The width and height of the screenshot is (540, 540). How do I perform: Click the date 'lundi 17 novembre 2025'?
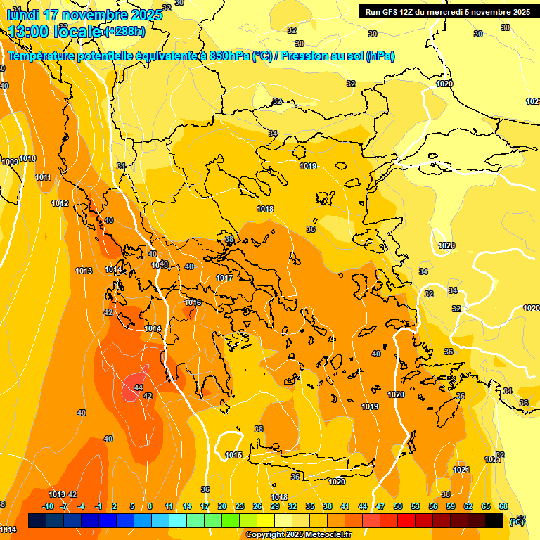click(77, 14)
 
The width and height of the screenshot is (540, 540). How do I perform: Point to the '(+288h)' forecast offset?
click(124, 32)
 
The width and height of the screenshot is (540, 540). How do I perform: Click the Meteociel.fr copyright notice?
click(298, 535)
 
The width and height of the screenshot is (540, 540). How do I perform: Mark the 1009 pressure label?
click(10, 162)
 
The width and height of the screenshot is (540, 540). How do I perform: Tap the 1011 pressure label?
click(43, 178)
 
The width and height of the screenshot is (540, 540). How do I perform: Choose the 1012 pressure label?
click(60, 204)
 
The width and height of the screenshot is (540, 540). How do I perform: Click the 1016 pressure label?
click(193, 303)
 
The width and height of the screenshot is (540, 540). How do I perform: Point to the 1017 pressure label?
click(224, 278)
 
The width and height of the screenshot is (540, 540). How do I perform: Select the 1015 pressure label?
click(233, 456)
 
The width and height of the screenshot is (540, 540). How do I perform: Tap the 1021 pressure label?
click(461, 470)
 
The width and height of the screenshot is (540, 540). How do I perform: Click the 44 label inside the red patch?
click(139, 387)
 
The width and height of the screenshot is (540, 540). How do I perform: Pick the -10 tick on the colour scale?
click(48, 507)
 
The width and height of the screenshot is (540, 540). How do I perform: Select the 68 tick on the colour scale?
click(503, 507)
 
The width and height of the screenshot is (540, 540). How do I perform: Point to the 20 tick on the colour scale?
click(222, 507)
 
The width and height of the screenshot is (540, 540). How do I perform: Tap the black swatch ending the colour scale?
click(494, 520)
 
